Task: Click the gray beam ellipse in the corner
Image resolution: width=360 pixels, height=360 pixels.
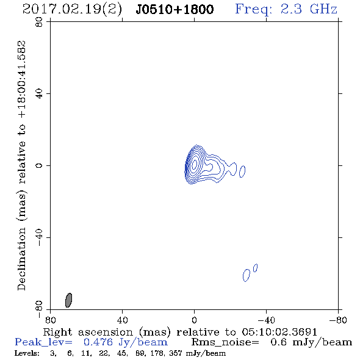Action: point(69,300)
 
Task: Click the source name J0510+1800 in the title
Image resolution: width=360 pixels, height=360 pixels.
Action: point(175,10)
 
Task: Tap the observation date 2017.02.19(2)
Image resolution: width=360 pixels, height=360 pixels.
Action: point(72,10)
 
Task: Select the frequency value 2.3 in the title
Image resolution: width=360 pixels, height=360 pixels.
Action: point(291,9)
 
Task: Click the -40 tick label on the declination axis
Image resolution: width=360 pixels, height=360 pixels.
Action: point(39,237)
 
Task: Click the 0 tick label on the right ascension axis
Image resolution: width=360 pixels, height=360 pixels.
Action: point(194,320)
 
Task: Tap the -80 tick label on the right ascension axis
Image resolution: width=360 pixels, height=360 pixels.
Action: point(338,320)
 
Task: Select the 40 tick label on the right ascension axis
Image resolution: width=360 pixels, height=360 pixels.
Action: point(122,320)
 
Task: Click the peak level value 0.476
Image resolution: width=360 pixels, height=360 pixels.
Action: point(98,342)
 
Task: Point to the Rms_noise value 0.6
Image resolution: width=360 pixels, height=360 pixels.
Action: point(278,342)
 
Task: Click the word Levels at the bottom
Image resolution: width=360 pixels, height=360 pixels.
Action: point(27,353)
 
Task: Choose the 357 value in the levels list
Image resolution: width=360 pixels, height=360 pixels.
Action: point(175,353)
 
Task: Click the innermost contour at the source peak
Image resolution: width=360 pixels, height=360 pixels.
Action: point(194,164)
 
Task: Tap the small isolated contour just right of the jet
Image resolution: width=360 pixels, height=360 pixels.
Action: point(242,171)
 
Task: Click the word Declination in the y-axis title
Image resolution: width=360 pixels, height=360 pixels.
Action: point(21,259)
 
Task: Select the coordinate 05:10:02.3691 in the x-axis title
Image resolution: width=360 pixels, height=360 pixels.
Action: point(279,332)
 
